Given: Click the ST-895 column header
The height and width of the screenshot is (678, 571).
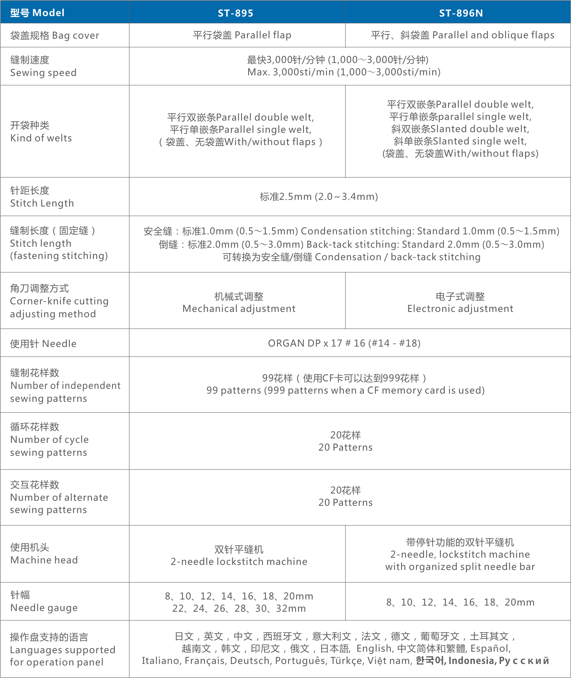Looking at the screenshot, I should (x=236, y=13).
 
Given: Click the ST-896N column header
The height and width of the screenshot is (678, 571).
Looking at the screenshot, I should (x=461, y=13).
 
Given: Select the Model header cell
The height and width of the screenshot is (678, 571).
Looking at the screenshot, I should (x=38, y=13).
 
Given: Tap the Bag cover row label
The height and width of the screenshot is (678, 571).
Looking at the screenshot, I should (x=54, y=36).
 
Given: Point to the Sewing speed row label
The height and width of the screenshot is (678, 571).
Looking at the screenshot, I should (x=43, y=66).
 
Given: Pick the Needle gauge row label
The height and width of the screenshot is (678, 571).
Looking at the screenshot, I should (x=44, y=602).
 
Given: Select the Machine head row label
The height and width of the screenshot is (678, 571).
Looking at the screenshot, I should (x=44, y=554).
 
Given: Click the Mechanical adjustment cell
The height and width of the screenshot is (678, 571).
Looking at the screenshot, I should (x=239, y=303).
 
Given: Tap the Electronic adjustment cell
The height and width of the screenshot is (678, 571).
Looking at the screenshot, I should (x=460, y=303).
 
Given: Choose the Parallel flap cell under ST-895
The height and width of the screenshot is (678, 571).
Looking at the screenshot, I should (x=243, y=35).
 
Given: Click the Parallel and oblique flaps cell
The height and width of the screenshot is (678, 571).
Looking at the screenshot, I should (x=463, y=35).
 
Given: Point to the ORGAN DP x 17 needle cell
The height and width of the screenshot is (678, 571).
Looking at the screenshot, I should (x=344, y=343).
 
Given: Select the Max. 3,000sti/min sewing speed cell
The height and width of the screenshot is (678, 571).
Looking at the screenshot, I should (x=344, y=66).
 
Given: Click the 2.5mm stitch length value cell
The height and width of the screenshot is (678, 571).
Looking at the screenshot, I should (x=319, y=197).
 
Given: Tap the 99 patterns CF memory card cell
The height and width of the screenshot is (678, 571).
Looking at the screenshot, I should (x=345, y=384).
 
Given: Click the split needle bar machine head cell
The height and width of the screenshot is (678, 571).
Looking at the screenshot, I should (x=460, y=555).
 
